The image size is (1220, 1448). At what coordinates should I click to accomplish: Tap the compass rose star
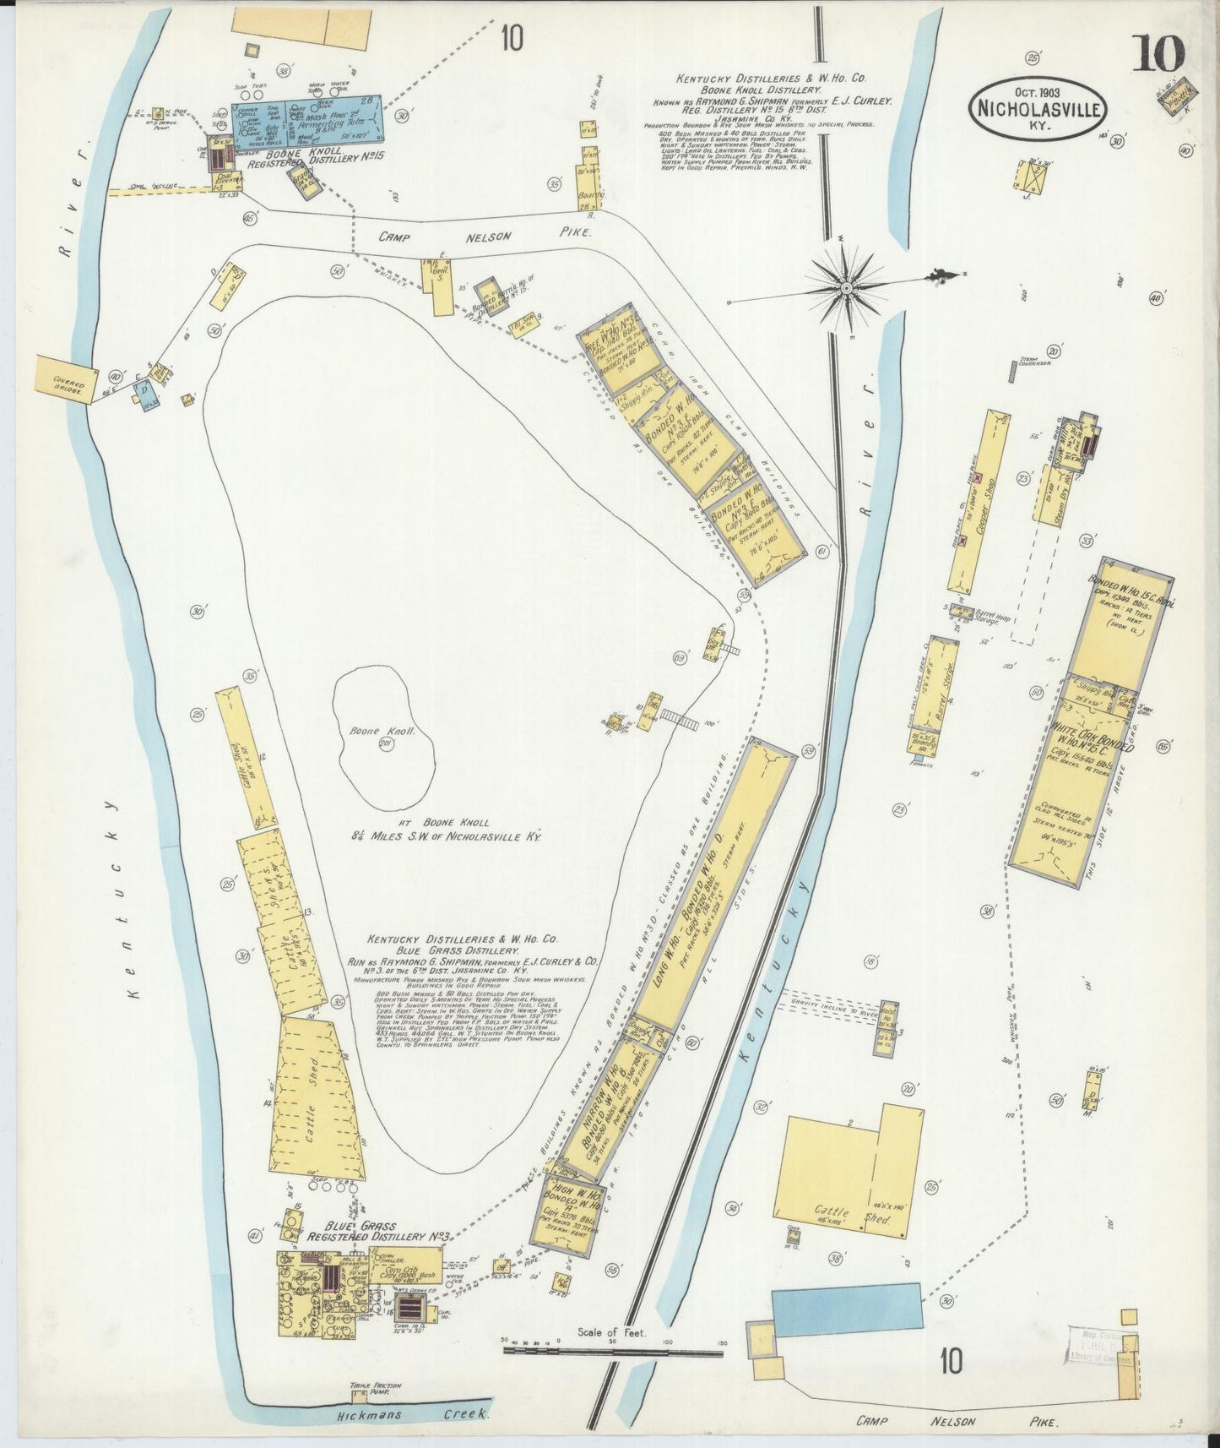click(x=844, y=288)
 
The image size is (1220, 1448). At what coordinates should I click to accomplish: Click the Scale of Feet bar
click(x=613, y=1351)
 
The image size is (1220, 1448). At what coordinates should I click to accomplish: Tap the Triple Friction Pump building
click(x=362, y=1391)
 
